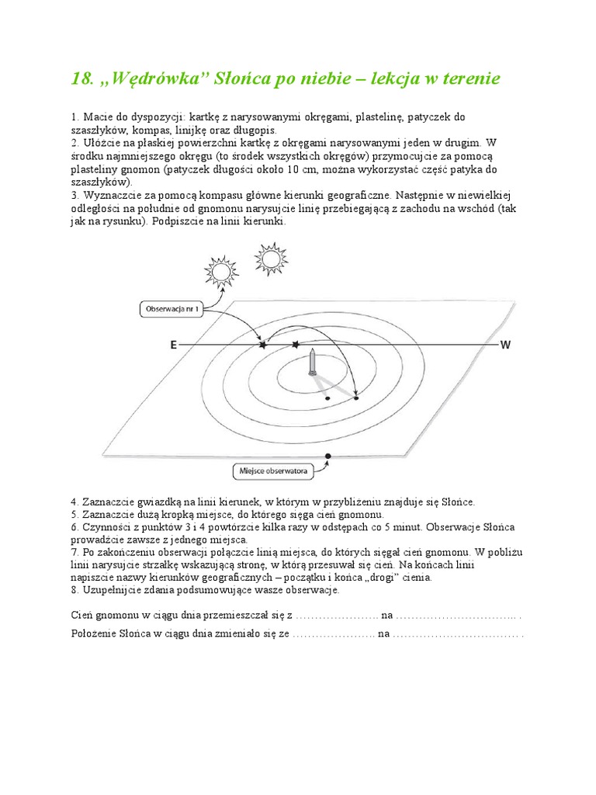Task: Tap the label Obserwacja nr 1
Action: [173, 309]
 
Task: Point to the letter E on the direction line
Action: [172, 345]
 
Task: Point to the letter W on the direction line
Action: [505, 345]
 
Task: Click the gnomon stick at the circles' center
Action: [310, 363]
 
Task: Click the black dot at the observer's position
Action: [327, 456]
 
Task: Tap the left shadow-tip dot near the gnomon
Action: [327, 398]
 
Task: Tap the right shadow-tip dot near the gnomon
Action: [356, 398]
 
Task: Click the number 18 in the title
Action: [81, 78]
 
